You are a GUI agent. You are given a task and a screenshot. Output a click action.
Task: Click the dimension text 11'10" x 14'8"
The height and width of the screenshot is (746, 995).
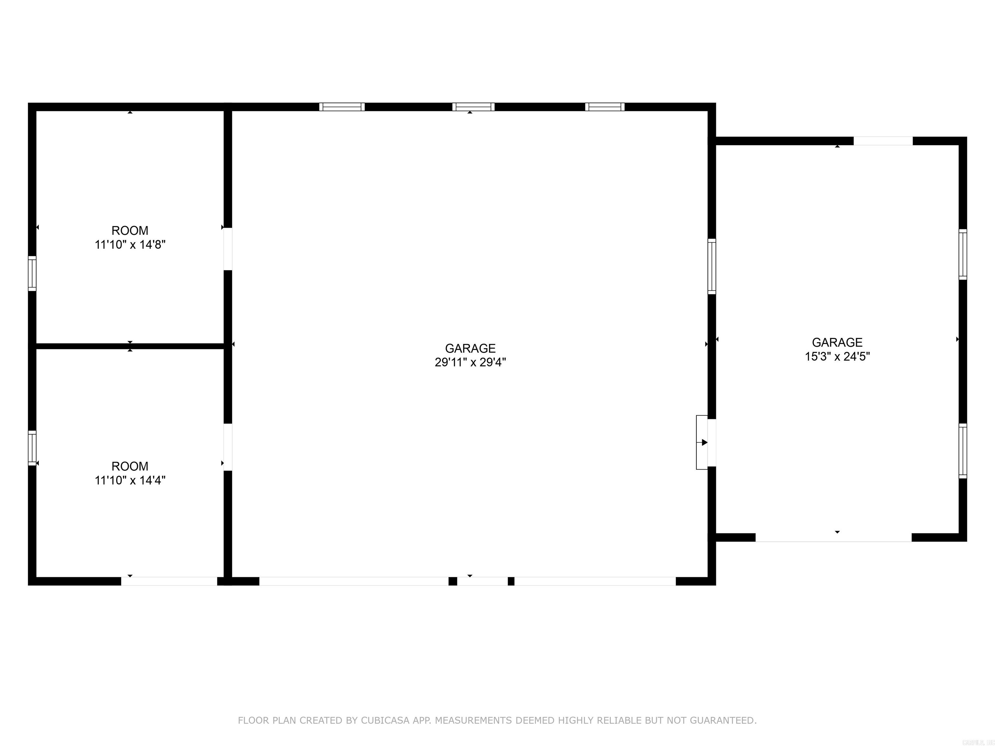tap(130, 245)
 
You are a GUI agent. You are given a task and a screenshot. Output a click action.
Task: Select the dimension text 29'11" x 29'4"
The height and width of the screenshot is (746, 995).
tap(470, 362)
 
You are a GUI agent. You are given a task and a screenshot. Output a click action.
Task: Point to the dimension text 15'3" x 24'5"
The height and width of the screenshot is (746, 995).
tap(837, 356)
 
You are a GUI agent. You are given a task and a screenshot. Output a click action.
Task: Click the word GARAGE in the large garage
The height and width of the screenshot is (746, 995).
tap(470, 348)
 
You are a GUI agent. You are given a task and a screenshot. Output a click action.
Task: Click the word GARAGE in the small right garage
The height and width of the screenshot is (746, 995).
tap(837, 342)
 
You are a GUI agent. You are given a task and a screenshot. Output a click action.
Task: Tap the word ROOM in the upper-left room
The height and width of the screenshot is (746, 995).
tap(130, 231)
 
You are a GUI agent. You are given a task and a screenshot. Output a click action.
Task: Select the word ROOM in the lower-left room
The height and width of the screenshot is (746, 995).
tap(130, 466)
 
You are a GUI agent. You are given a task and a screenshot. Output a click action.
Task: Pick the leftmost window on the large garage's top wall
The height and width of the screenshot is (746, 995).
tap(342, 107)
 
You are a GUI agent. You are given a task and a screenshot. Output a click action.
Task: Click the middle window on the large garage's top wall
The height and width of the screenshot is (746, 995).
tap(473, 107)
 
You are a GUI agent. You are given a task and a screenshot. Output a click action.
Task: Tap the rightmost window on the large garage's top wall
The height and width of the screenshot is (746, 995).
tap(605, 107)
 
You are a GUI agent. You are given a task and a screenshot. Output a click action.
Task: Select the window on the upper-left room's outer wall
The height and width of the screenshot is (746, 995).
tap(32, 273)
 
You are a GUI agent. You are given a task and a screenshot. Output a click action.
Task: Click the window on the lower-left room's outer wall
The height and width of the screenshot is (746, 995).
tap(32, 448)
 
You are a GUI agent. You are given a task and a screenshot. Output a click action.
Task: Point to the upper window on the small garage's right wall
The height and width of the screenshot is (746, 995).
tap(963, 254)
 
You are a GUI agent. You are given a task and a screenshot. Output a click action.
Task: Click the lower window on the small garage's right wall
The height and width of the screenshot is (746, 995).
tap(963, 451)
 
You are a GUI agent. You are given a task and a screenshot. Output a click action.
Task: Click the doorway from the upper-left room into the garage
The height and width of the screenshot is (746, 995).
tap(228, 249)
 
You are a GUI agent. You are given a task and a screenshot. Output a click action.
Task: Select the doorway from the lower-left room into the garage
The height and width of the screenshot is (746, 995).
tap(228, 447)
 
